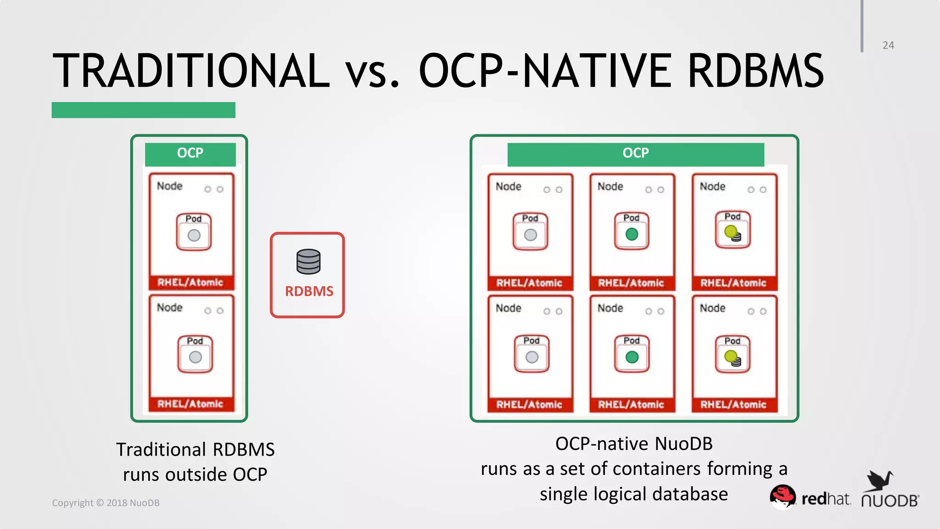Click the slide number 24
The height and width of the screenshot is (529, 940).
[x=888, y=45]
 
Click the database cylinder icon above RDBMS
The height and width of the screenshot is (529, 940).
[x=308, y=261]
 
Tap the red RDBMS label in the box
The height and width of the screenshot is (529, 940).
[x=309, y=291]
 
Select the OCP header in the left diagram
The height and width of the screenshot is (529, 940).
[x=190, y=153]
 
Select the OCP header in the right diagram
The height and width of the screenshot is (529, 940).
[x=636, y=153]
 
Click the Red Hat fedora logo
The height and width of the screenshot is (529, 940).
[x=783, y=496]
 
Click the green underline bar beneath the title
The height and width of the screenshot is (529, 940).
[x=143, y=110]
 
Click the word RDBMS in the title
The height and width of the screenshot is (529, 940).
[x=755, y=71]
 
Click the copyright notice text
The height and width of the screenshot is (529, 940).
[x=106, y=503]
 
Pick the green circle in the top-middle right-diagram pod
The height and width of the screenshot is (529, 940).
[x=632, y=234]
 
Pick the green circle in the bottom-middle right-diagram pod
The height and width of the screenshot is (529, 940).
[x=632, y=357]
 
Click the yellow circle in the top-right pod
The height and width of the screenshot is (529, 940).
[x=731, y=231]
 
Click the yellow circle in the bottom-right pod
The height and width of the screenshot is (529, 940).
[x=731, y=356]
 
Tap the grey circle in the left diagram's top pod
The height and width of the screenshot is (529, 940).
[x=194, y=235]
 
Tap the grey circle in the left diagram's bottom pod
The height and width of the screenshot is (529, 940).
[x=196, y=357]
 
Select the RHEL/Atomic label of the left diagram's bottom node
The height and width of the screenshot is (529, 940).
[x=190, y=404]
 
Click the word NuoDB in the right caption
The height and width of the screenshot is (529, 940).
[x=683, y=444]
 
